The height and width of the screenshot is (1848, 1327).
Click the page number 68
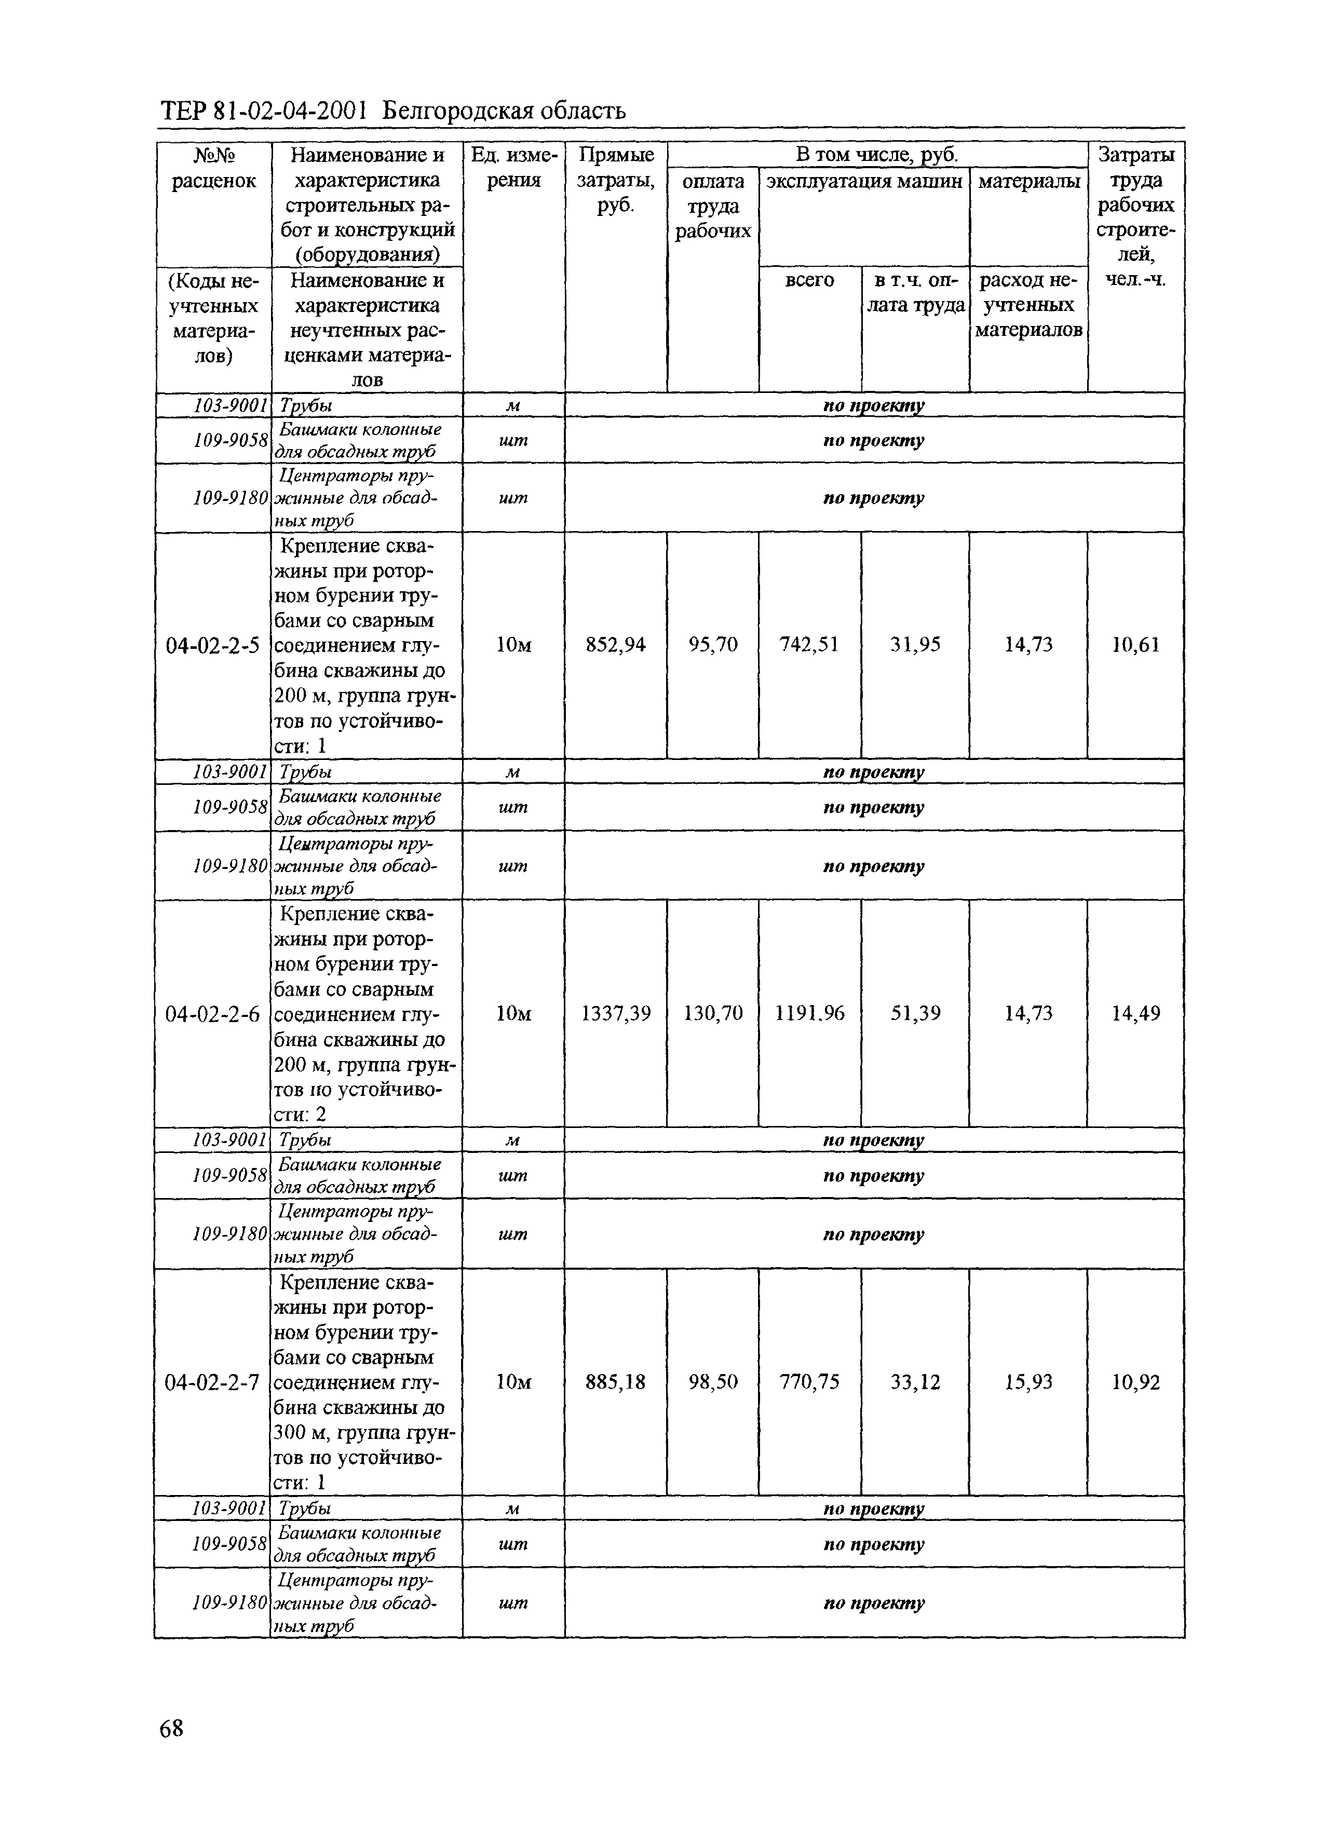pyautogui.click(x=172, y=1750)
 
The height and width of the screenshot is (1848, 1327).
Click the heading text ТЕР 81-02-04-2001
pyautogui.click(x=264, y=111)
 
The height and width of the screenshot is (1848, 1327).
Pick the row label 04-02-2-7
pyautogui.click(x=212, y=1382)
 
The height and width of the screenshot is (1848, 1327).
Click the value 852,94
pyautogui.click(x=615, y=645)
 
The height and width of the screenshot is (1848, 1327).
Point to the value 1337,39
pyautogui.click(x=615, y=1014)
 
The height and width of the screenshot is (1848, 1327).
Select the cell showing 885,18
pyautogui.click(x=615, y=1382)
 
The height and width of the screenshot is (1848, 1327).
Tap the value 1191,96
pyautogui.click(x=809, y=1014)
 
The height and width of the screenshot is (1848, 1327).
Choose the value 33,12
pyautogui.click(x=915, y=1382)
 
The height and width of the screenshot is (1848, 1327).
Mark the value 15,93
pyautogui.click(x=1028, y=1382)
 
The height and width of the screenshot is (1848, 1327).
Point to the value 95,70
pyautogui.click(x=712, y=645)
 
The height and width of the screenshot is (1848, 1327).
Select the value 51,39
pyautogui.click(x=915, y=1014)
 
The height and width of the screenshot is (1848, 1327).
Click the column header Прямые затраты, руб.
pyautogui.click(x=615, y=180)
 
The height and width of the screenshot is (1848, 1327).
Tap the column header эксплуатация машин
pyautogui.click(x=864, y=181)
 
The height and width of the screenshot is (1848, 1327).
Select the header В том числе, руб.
pyautogui.click(x=876, y=154)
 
